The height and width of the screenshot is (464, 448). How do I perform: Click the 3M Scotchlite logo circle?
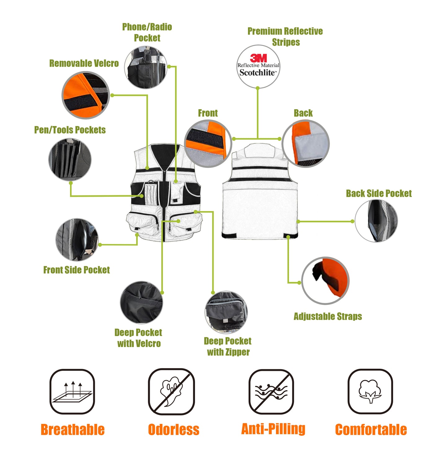click(x=258, y=66)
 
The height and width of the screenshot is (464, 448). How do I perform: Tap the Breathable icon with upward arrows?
click(x=72, y=391)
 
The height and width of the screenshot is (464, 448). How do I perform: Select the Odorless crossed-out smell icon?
click(x=171, y=391)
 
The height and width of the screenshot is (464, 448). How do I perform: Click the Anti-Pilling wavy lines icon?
click(x=271, y=391)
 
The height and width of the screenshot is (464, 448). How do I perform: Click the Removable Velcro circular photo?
click(x=86, y=95)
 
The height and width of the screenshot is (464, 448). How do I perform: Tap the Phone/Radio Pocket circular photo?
click(x=146, y=67)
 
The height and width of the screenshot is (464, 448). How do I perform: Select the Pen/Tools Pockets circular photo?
click(x=70, y=160)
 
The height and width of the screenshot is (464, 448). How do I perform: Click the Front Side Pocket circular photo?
click(x=77, y=240)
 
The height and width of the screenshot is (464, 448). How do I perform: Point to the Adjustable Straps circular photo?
click(x=325, y=281)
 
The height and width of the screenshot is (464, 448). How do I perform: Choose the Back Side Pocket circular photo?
click(x=376, y=221)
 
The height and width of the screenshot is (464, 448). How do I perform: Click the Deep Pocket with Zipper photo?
click(x=226, y=312)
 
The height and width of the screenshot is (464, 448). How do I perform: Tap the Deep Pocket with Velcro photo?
click(x=141, y=303)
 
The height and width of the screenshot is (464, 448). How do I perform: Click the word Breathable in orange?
click(x=73, y=430)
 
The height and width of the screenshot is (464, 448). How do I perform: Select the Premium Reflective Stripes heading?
click(x=285, y=36)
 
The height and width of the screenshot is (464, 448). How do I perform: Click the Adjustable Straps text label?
click(x=328, y=316)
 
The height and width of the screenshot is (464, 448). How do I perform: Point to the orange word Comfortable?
click(x=371, y=430)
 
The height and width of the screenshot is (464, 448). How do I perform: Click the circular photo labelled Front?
click(x=208, y=143)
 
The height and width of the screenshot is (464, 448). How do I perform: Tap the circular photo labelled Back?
click(x=306, y=144)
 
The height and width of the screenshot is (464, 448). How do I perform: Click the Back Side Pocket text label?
click(x=379, y=193)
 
